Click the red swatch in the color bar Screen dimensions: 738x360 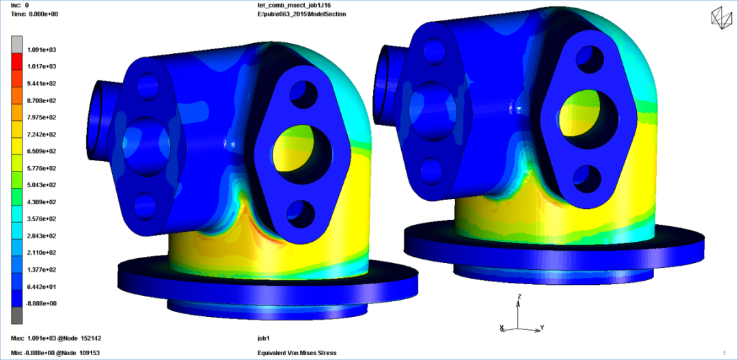(x=16, y=61)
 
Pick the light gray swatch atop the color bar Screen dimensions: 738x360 (x=16, y=44)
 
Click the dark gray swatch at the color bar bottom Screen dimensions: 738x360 (x=16, y=316)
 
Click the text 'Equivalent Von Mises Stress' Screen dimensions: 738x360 (x=297, y=353)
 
